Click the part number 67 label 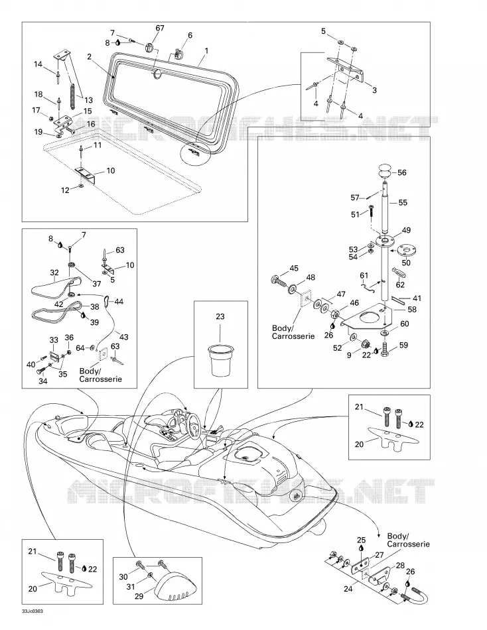tap(160, 28)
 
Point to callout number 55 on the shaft tap(403, 203)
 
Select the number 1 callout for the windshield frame tap(206, 50)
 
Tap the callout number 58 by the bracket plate tap(412, 310)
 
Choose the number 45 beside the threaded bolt tap(294, 268)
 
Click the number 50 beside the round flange tap(406, 263)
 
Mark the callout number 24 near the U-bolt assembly tap(348, 589)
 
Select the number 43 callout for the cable tap(124, 337)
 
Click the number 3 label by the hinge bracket tap(374, 90)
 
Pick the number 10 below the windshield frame tap(111, 170)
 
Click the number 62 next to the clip tap(400, 285)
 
